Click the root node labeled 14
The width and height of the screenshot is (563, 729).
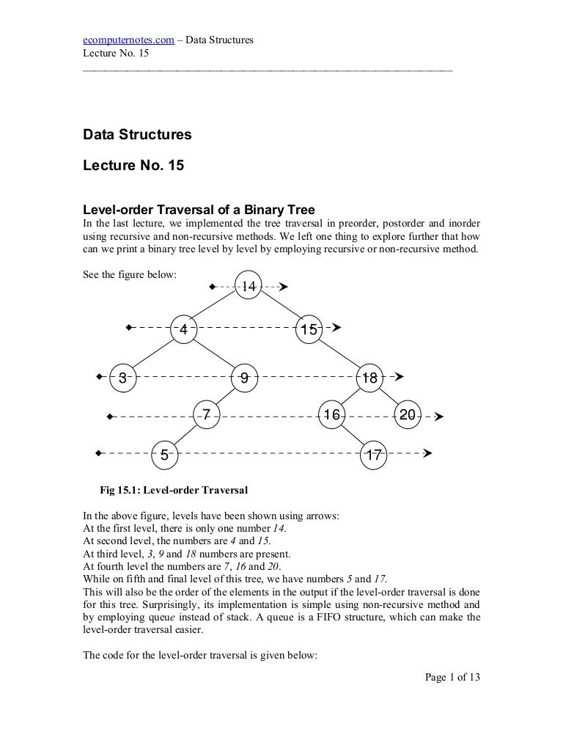pyautogui.click(x=249, y=287)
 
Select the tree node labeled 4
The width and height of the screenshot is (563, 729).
pyautogui.click(x=184, y=329)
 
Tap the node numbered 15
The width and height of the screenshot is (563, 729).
pyautogui.click(x=309, y=329)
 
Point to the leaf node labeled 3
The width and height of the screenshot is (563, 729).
pyautogui.click(x=123, y=378)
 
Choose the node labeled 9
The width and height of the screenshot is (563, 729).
pyautogui.click(x=244, y=378)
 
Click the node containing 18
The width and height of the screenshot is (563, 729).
pyautogui.click(x=369, y=378)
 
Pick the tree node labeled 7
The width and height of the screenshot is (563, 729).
pyautogui.click(x=207, y=415)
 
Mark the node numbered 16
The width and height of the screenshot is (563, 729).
pyautogui.click(x=332, y=415)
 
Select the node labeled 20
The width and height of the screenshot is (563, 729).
pyautogui.click(x=408, y=415)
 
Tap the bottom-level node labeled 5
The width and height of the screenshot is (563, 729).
pyautogui.click(x=165, y=455)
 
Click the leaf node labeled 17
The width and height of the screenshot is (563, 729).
pyautogui.click(x=374, y=455)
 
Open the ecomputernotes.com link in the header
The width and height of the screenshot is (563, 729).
pyautogui.click(x=128, y=40)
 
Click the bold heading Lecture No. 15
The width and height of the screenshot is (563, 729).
pyautogui.click(x=133, y=166)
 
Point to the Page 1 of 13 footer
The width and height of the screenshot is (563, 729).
pyautogui.click(x=452, y=677)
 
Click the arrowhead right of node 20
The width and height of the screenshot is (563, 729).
pyautogui.click(x=438, y=416)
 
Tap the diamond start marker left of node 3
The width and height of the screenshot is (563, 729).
pyautogui.click(x=98, y=378)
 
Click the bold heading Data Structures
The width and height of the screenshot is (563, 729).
pyautogui.click(x=137, y=134)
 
